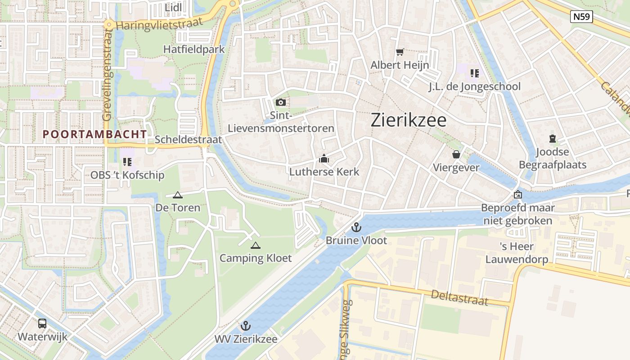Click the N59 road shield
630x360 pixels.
coord(581,17)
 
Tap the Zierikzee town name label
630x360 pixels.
coord(409,120)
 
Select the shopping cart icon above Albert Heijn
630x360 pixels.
coord(400,52)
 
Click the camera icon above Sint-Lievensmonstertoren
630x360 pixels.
coord(281,103)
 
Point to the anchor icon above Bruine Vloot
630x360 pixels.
coord(356,227)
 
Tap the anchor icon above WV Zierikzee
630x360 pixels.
coord(246,325)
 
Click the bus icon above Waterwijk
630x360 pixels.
coord(42,323)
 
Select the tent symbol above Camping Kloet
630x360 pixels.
coord(256,245)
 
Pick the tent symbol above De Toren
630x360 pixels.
coord(178,195)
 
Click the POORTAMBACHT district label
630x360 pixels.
coord(95,134)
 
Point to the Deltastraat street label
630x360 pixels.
coord(459,297)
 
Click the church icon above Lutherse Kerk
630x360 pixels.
coord(324,158)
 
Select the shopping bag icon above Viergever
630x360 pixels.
coord(456,154)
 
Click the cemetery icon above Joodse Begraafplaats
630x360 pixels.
coord(553,139)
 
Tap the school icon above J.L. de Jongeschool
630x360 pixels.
coord(474,72)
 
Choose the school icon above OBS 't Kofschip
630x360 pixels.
coord(127,162)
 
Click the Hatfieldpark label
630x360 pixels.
coord(194,49)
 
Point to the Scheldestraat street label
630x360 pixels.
coord(188,139)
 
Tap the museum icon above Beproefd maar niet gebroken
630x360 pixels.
coord(518,195)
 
